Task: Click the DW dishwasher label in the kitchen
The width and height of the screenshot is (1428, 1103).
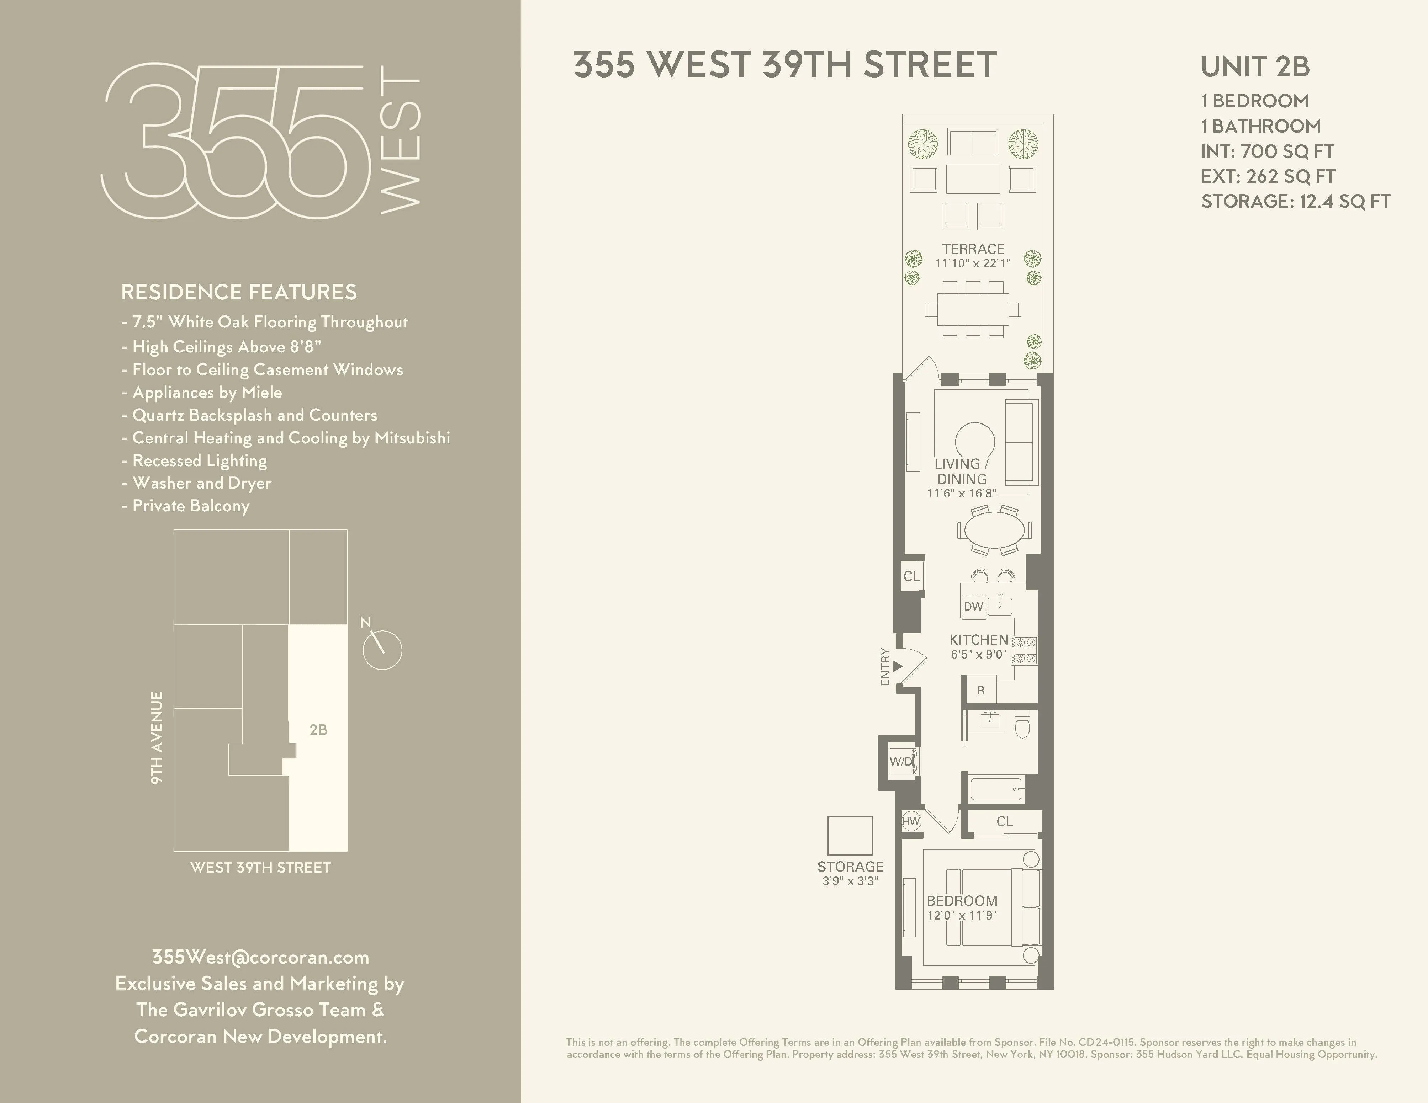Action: [x=973, y=606]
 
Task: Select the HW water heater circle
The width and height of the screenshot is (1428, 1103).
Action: [x=911, y=821]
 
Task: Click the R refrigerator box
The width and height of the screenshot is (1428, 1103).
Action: [x=981, y=690]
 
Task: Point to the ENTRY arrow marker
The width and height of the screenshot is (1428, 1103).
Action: [x=898, y=666]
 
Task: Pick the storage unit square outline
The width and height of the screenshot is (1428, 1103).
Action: [x=850, y=836]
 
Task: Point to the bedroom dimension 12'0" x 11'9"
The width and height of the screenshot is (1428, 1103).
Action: [x=961, y=916]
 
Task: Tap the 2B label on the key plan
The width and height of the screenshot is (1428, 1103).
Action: [x=318, y=730]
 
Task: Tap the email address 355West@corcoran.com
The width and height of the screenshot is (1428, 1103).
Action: [x=260, y=957]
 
